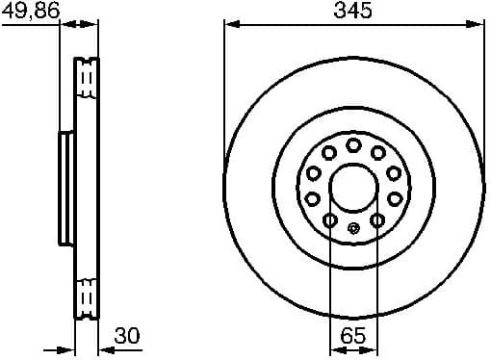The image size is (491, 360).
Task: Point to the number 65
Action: tap(353, 336)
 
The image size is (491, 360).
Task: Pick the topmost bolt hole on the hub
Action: tap(353, 144)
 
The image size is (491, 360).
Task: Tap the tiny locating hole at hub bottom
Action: tap(353, 228)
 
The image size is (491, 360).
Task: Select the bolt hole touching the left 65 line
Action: tap(330, 220)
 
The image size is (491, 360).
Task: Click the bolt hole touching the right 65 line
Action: tap(376, 220)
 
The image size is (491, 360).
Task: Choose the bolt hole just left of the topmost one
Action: tap(329, 152)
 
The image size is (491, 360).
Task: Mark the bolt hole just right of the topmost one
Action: tap(377, 152)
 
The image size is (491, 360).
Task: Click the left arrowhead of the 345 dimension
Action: tap(229, 23)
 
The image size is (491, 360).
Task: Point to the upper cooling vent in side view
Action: tap(88, 78)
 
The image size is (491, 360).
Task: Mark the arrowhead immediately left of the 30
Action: tap(104, 349)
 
